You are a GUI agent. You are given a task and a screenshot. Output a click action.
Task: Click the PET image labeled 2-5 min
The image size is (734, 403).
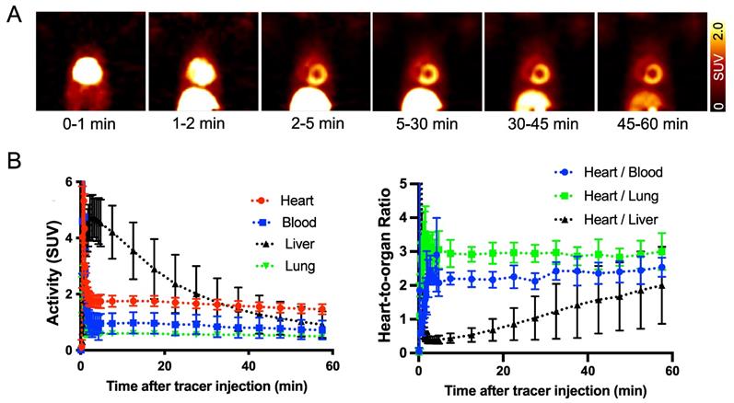(314, 62)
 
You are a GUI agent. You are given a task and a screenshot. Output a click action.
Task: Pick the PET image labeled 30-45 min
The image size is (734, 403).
(539, 62)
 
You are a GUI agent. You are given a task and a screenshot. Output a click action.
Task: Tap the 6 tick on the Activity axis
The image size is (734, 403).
(68, 181)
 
